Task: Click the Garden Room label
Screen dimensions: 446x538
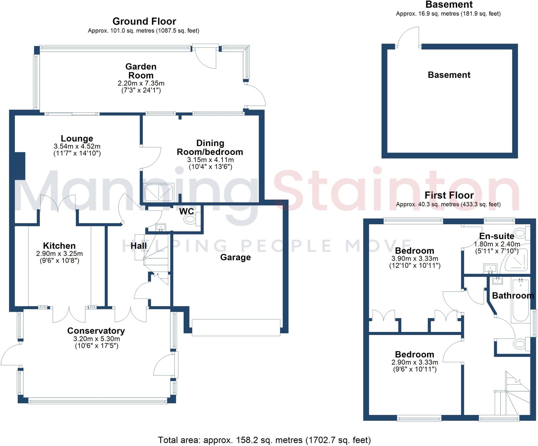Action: pos(141,71)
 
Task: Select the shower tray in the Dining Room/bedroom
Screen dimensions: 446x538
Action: pos(159,193)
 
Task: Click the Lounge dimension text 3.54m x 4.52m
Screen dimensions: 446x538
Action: pos(77,146)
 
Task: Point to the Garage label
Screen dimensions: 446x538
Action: pos(235,257)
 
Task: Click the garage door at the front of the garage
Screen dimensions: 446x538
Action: pos(236,327)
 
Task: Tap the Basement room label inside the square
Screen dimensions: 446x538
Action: pos(449,75)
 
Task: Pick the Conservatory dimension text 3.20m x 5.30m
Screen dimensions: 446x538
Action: pos(97,339)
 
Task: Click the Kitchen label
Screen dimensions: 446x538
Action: pos(59,246)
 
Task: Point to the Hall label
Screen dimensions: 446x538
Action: pos(139,246)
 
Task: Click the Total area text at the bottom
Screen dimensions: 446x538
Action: pos(264,440)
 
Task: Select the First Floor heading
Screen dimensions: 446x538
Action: pos(449,195)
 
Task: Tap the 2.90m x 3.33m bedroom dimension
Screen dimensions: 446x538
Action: pos(415,362)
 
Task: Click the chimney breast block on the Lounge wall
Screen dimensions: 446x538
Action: pos(20,166)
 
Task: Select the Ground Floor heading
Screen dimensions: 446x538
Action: pos(144,21)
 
